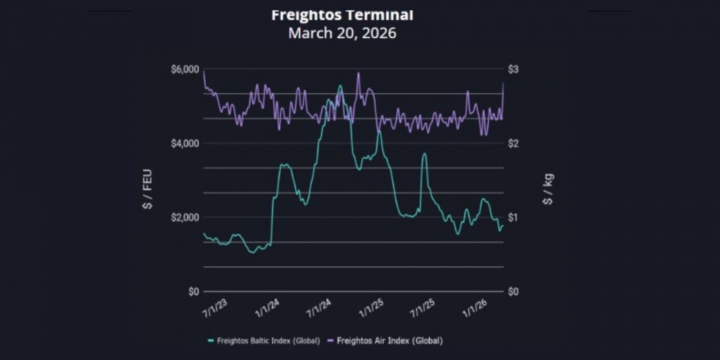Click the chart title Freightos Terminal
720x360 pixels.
click(342, 14)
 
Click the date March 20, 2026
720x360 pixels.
click(342, 33)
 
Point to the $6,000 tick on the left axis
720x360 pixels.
click(184, 69)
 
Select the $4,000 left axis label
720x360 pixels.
click(184, 143)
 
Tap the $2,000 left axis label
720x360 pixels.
click(184, 217)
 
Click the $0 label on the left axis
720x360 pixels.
click(192, 292)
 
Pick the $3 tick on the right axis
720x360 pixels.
click(515, 69)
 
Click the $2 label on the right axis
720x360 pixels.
click(515, 143)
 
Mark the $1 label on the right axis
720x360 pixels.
click(515, 217)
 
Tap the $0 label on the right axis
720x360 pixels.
click(515, 292)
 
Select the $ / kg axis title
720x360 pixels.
click(548, 188)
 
